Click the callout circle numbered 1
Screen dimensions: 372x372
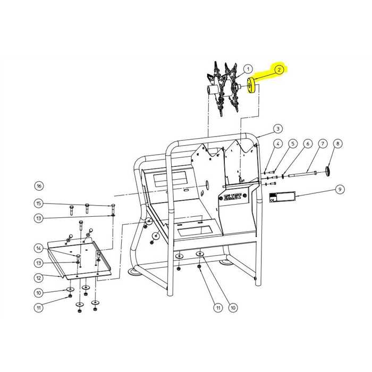[x=248, y=69]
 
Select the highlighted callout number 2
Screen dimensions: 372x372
[x=279, y=70]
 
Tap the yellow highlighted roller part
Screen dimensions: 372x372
[x=250, y=86]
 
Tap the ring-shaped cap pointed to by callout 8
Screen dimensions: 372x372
[x=328, y=171]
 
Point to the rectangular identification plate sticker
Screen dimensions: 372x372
[x=282, y=197]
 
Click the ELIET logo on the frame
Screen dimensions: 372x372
[x=233, y=197]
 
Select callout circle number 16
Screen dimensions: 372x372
[x=39, y=186]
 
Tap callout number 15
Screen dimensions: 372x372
[x=39, y=204]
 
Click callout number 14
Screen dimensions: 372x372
[x=39, y=248]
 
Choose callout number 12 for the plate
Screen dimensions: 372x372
[x=39, y=278]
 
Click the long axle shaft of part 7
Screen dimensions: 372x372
[x=302, y=174]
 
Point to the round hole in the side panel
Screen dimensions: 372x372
[x=207, y=184]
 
